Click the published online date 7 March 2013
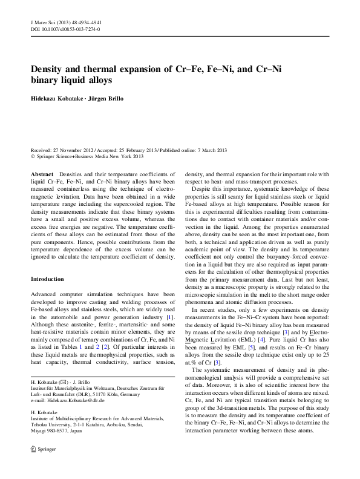(x=209, y=150)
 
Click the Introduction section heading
(x=47, y=279)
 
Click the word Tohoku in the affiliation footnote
(x=39, y=429)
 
